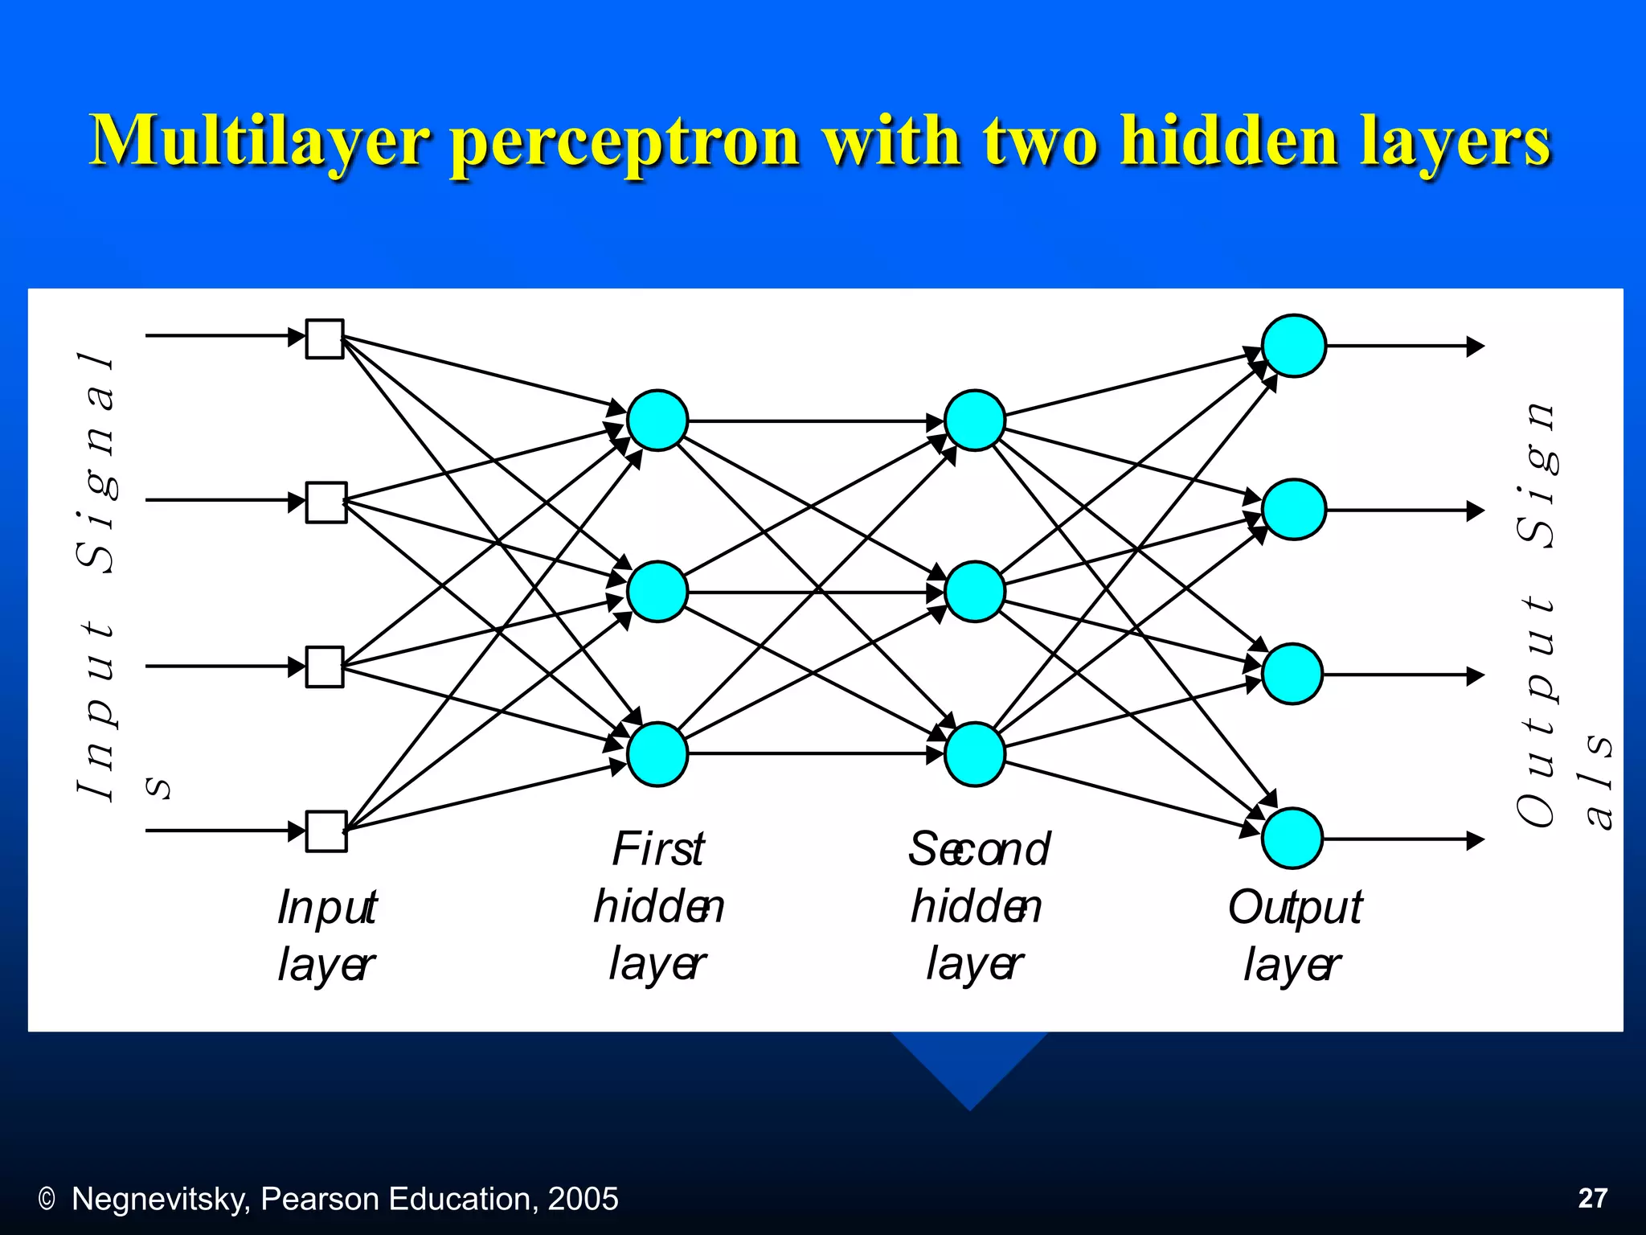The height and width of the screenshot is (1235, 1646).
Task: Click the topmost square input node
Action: [325, 338]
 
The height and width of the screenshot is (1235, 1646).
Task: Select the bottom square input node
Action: [326, 831]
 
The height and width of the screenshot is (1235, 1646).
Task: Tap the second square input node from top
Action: [326, 503]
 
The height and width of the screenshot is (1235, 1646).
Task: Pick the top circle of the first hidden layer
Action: [657, 420]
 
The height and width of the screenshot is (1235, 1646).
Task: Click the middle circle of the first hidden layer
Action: [657, 592]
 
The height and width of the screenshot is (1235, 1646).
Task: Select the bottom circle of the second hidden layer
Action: [974, 754]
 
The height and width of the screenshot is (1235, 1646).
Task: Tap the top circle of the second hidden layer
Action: [975, 420]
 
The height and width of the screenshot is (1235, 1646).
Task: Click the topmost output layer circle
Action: [1293, 346]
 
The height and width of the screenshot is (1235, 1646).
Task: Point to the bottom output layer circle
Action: [1292, 838]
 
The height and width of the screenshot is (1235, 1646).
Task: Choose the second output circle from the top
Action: [1293, 509]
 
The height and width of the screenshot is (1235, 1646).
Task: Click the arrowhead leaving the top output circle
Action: [1475, 347]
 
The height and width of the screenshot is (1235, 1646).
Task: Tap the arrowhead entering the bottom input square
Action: [297, 831]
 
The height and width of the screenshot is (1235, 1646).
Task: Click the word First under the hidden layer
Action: [658, 849]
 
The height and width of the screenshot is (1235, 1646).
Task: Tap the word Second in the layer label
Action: [979, 849]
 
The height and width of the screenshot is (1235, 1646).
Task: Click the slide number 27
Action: [1592, 1198]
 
